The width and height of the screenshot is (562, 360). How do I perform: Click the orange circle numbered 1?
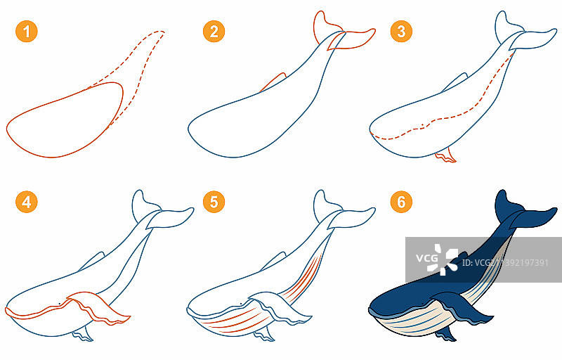(27, 32)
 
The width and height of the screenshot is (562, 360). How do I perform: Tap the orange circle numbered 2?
(214, 32)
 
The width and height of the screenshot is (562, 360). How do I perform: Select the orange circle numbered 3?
(401, 32)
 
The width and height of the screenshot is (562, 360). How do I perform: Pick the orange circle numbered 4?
(27, 202)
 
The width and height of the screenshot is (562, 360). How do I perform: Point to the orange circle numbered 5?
(214, 202)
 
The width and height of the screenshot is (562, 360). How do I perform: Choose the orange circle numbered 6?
(401, 202)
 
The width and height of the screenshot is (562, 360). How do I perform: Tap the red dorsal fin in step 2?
(273, 82)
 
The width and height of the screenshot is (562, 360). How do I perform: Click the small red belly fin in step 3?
(445, 156)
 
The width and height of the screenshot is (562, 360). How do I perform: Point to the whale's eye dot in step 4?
(60, 304)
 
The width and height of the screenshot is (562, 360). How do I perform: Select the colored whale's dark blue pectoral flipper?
(462, 307)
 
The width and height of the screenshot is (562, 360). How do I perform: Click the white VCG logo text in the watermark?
(426, 258)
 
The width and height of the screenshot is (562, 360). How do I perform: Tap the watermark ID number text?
(505, 263)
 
